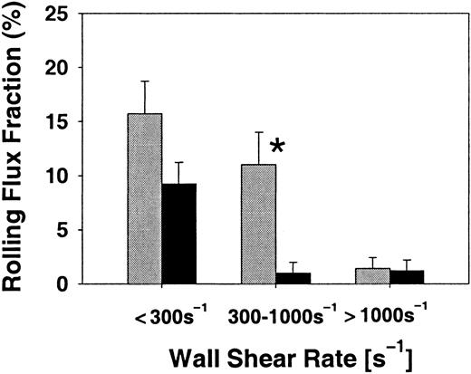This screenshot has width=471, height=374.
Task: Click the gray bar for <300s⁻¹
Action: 145,198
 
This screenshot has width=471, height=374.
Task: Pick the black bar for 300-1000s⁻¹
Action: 293,278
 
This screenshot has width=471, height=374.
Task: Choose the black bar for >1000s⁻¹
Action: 407,277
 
